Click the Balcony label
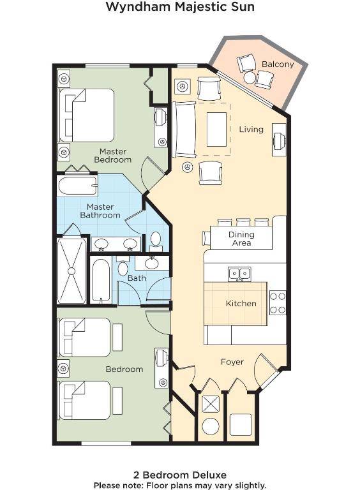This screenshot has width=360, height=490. pos(278,64)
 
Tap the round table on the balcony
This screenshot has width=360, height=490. pos(250,78)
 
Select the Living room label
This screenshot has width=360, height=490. pos(251,130)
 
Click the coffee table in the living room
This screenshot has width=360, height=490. pos(216,130)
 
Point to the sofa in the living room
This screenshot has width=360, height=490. pos(185,130)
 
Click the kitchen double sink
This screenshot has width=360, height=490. pos(239,274)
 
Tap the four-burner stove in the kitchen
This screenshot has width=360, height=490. pos(278,303)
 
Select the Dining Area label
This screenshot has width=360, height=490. pos(241,239)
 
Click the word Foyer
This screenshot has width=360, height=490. pos(232,362)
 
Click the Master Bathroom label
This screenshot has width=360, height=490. pos(100,211)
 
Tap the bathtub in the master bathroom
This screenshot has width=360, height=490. pos(77,186)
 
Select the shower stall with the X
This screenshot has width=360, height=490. pos(71,271)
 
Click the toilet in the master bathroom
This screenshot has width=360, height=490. pos(155,241)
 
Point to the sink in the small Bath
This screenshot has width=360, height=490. pos(152,263)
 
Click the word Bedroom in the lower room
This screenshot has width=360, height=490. pos(124,369)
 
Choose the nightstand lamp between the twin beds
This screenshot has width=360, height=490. pos(63,369)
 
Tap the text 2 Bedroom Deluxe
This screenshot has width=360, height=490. pos(180,475)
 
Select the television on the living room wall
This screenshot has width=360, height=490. pos(279,140)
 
